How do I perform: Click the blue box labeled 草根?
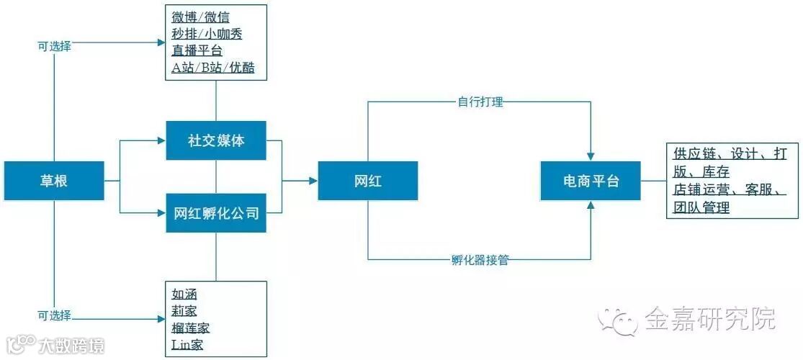tap(54, 181)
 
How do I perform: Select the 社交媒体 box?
tap(216, 140)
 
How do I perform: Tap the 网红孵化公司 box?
tap(216, 213)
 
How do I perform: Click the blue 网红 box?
tap(367, 181)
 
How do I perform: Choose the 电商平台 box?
tap(591, 181)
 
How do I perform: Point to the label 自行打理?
tap(480, 102)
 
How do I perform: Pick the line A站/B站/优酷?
tap(213, 68)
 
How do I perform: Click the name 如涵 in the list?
tap(184, 294)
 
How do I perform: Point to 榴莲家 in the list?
tap(191, 328)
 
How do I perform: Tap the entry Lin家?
tap(187, 345)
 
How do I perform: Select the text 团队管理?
tap(701, 208)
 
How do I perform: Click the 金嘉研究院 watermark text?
tap(709, 318)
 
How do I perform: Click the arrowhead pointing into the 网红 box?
tap(313, 181)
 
